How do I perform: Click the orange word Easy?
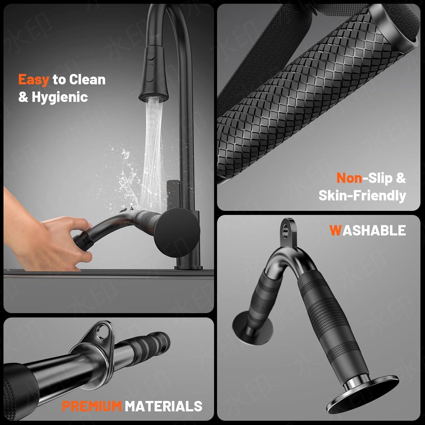tap(34, 80)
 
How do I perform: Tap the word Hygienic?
tap(60, 97)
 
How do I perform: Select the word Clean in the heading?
tap(87, 79)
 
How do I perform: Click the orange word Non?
tap(349, 178)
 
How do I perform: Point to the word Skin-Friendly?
tap(362, 195)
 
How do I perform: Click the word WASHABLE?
tap(367, 230)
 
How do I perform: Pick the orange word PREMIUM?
tap(92, 406)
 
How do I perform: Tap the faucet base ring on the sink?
tap(188, 267)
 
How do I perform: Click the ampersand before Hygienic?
tap(23, 97)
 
